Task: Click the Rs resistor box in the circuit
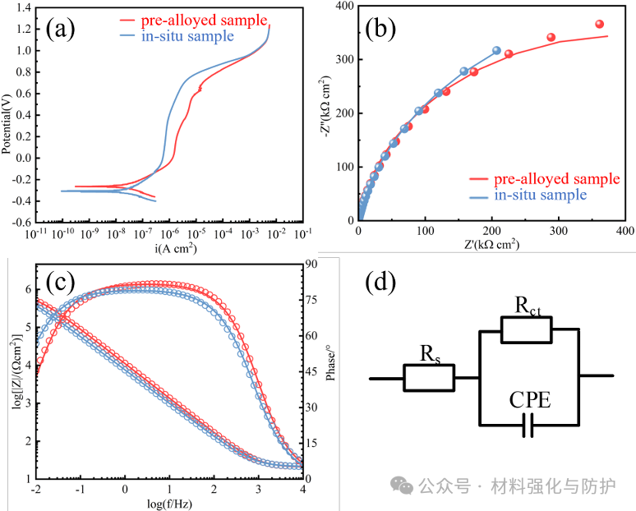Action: (x=428, y=378)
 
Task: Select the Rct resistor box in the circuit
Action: (x=527, y=329)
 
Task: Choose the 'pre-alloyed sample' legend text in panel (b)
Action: (x=556, y=179)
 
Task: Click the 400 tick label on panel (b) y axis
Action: (x=345, y=7)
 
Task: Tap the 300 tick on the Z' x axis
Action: (x=558, y=233)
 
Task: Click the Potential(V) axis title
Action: (x=7, y=115)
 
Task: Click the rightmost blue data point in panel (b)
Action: (x=496, y=50)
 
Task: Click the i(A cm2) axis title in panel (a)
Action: (x=169, y=250)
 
